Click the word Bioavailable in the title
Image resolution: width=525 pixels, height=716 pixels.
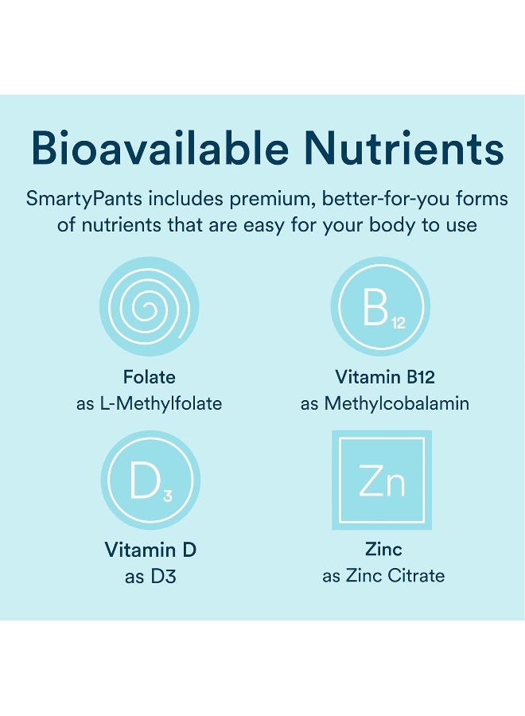tap(160, 148)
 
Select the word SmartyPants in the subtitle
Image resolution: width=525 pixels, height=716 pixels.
tap(84, 199)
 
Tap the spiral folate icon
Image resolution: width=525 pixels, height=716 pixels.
tap(150, 306)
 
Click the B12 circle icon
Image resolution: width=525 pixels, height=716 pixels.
tap(380, 306)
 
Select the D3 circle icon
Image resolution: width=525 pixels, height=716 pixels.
tap(150, 480)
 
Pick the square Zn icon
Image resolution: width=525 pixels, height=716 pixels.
tap(382, 480)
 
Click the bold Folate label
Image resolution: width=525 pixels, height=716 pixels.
tap(150, 377)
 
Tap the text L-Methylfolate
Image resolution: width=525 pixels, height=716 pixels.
tap(161, 403)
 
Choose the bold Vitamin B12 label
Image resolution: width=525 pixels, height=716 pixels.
tap(385, 377)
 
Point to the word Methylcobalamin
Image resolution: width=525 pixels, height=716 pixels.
tap(397, 403)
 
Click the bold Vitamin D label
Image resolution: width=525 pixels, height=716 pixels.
tap(150, 550)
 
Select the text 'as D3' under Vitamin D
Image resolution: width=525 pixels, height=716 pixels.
tap(150, 576)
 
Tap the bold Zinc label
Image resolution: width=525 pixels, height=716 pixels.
tap(383, 549)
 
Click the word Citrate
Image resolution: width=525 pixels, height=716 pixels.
tap(416, 576)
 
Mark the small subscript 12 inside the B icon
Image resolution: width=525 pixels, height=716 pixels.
tap(399, 323)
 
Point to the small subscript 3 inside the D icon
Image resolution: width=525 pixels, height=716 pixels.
tap(168, 496)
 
